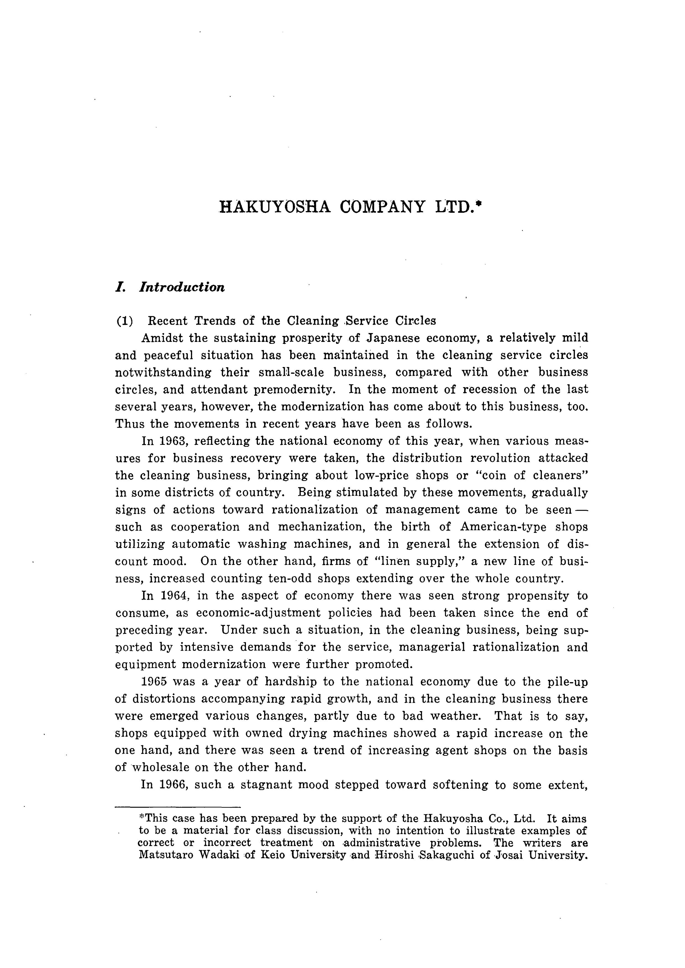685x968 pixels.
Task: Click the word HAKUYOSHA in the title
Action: pos(275,207)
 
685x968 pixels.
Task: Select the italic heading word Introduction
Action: pos(182,287)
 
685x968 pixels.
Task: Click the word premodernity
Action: pos(294,390)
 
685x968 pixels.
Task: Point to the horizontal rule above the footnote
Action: pos(178,807)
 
